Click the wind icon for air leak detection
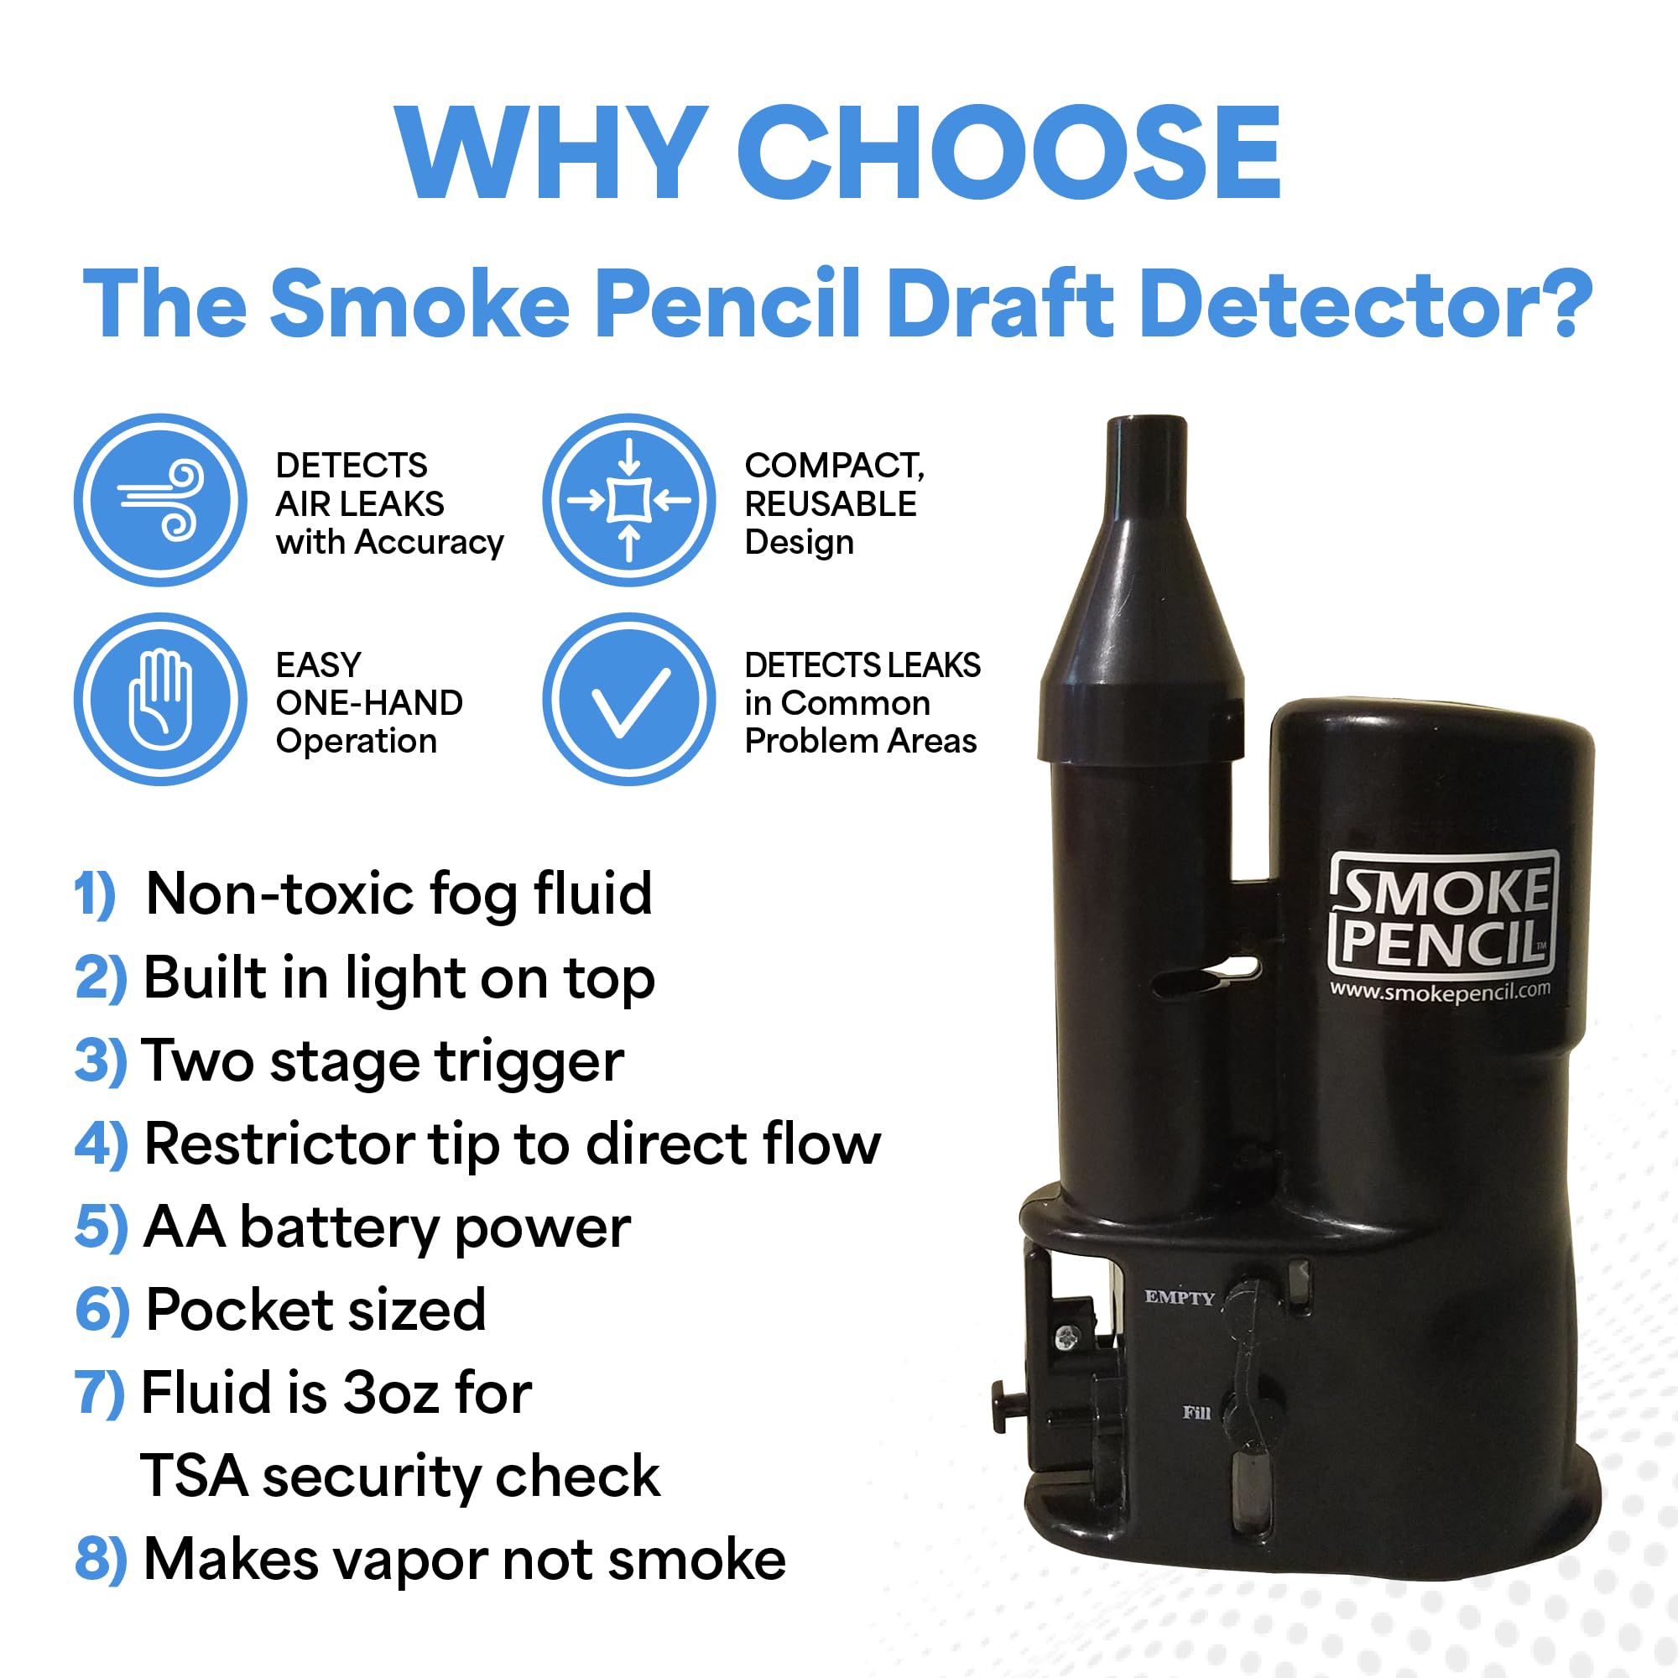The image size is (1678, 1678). click(x=161, y=500)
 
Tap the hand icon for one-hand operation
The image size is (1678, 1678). click(x=161, y=699)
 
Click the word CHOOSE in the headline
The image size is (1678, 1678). click(x=1008, y=154)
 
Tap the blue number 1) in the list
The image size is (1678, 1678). click(x=95, y=894)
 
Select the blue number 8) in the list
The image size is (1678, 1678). click(x=101, y=1558)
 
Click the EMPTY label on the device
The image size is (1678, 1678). click(x=1179, y=1298)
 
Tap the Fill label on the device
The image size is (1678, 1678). click(x=1196, y=1413)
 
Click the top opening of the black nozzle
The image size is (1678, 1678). click(x=1146, y=423)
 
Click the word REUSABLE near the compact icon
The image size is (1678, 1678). click(x=831, y=503)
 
